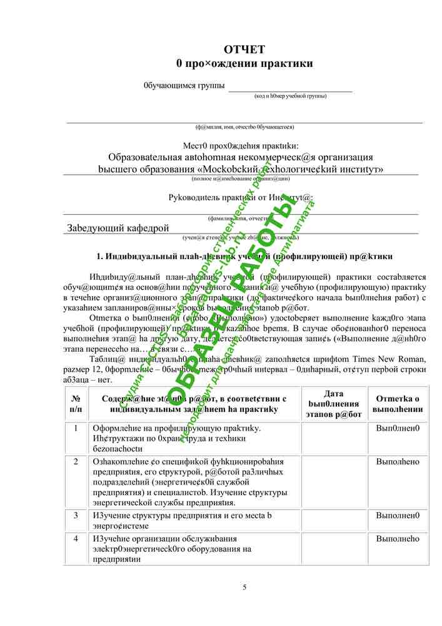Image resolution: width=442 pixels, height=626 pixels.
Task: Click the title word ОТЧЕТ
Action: click(244, 49)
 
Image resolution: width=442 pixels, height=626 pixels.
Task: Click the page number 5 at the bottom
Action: click(244, 587)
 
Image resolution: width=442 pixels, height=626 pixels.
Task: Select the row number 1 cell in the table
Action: click(76, 428)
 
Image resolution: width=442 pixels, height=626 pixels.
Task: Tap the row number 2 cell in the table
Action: click(76, 461)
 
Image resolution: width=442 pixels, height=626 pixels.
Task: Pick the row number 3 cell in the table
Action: click(76, 515)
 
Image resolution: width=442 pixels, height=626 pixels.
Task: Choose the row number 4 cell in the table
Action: click(76, 538)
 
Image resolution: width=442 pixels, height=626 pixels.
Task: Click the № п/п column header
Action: click(76, 404)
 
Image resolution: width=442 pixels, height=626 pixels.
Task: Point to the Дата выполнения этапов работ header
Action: click(334, 404)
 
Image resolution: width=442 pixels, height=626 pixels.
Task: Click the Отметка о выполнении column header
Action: click(397, 404)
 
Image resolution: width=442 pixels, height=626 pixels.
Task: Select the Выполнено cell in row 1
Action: click(397, 428)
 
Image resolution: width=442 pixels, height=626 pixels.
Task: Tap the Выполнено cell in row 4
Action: click(397, 538)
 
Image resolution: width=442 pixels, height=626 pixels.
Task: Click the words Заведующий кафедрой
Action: click(118, 228)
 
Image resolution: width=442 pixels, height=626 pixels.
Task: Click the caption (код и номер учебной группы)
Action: click(290, 96)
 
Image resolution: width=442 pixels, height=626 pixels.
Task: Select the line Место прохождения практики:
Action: click(241, 145)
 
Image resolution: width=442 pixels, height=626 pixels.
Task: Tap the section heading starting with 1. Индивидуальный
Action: click(244, 256)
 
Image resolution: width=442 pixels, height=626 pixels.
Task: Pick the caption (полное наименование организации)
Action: click(241, 178)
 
